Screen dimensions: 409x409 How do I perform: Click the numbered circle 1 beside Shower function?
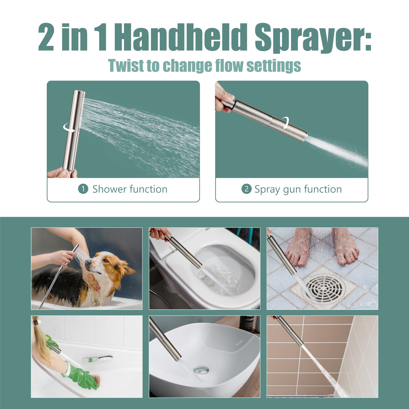tap(83, 189)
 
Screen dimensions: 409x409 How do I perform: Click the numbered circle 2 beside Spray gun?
tap(246, 189)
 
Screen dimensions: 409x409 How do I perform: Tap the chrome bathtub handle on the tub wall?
tap(97, 359)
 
